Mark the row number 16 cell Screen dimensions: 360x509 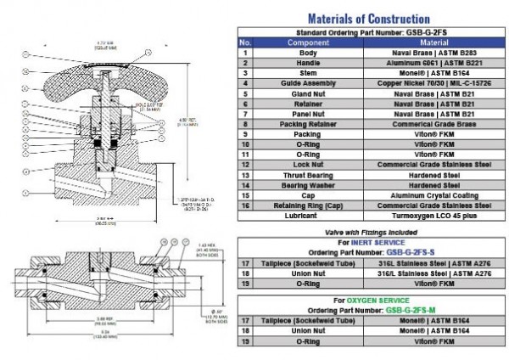pos(245,205)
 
